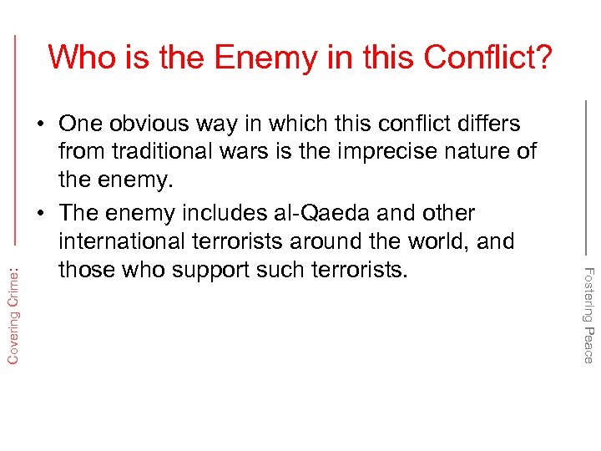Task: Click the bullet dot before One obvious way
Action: [41, 124]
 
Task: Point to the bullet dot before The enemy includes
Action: [41, 214]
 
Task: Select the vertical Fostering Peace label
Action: [588, 315]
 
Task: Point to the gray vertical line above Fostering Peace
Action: [586, 175]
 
